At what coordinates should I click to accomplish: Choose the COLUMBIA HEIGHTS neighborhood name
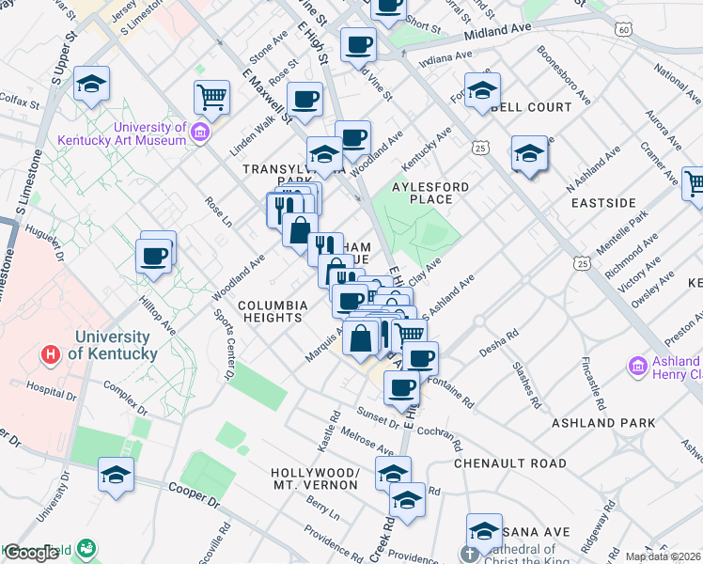point(273,311)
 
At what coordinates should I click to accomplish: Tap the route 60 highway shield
point(624,30)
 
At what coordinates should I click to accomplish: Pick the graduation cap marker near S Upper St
point(91,84)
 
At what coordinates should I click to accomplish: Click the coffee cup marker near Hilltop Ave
point(153,255)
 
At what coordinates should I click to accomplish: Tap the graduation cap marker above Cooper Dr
point(116,474)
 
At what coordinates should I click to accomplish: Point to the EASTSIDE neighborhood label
point(602,202)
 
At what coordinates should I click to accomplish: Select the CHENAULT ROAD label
point(510,463)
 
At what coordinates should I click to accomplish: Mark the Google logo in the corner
point(31,554)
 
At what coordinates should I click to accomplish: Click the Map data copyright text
point(664,556)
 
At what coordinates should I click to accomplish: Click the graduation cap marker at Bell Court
point(482,92)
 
